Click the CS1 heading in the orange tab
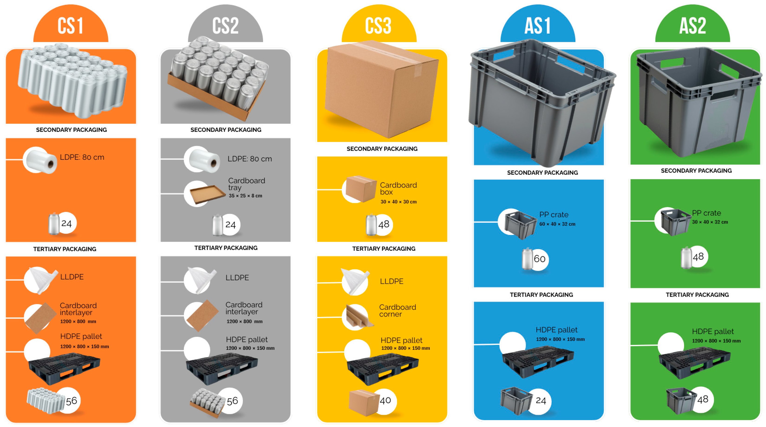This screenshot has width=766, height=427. click(71, 26)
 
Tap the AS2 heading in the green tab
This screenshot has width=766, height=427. click(693, 26)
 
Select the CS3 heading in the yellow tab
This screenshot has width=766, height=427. click(378, 26)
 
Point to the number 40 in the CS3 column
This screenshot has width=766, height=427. click(385, 400)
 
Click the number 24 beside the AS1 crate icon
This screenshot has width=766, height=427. click(541, 401)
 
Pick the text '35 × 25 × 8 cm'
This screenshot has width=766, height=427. click(245, 196)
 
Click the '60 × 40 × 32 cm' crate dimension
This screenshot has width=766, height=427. click(557, 224)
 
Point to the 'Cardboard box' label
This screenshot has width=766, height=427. click(398, 188)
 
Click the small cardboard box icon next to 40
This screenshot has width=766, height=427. click(364, 402)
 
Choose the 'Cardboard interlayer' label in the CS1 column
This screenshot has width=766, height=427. click(78, 309)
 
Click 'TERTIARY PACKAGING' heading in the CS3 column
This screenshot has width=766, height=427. click(384, 249)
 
